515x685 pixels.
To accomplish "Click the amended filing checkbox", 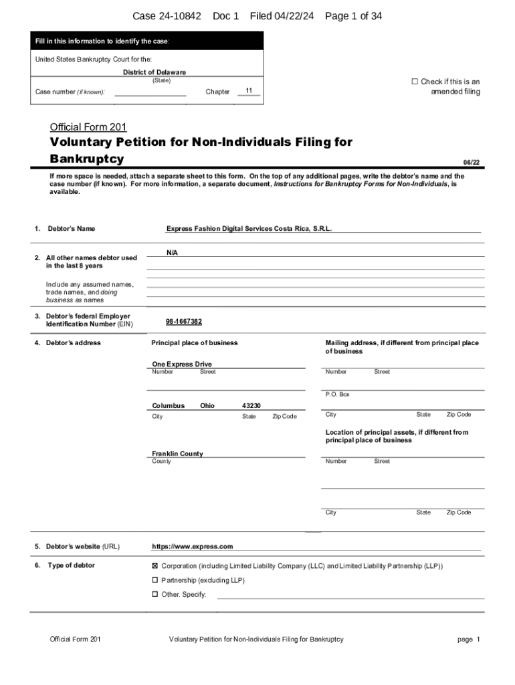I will [415, 82].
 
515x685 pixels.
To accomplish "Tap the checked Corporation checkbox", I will [155, 565].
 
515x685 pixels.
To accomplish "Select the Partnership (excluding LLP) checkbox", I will [155, 580].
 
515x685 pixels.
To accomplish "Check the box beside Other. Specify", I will [155, 594].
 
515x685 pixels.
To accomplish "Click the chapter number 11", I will [249, 90].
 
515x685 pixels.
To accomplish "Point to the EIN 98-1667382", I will [184, 322].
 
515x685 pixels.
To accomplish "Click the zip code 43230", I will [251, 405].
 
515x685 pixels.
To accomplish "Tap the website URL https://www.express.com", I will [193, 547].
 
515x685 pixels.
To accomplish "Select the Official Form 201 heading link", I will [88, 127].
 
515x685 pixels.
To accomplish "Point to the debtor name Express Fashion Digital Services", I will [249, 229].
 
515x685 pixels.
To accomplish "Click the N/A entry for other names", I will [172, 252].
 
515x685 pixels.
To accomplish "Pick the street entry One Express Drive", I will [182, 364].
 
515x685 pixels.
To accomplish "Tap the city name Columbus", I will [168, 405].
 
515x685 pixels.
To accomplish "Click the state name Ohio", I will [207, 405].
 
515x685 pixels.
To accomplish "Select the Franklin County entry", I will [177, 454].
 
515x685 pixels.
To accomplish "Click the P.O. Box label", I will [338, 395].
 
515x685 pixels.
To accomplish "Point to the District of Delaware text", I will [154, 72].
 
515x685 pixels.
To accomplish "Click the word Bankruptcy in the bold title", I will [87, 159].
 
